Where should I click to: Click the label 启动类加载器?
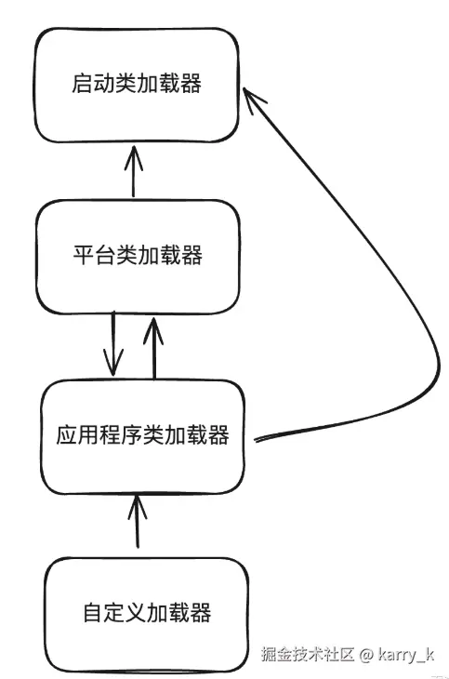pyautogui.click(x=137, y=83)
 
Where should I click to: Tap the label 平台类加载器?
pyautogui.click(x=138, y=255)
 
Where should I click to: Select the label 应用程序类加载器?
pyautogui.click(x=143, y=434)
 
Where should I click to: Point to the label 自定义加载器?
pyautogui.click(x=147, y=612)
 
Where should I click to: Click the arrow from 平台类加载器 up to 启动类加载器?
pyautogui.click(x=134, y=171)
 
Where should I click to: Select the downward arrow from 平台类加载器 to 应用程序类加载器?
pyautogui.click(x=113, y=344)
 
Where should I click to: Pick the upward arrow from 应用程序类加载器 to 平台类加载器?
pyautogui.click(x=153, y=348)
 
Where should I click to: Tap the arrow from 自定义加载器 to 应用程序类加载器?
pyautogui.click(x=138, y=522)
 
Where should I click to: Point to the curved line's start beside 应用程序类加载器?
pyautogui.click(x=256, y=440)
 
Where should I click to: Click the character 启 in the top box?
pyautogui.click(x=82, y=83)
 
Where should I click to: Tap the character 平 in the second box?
pyautogui.click(x=84, y=255)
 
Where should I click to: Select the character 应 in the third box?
pyautogui.click(x=67, y=434)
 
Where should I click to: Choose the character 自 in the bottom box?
pyautogui.click(x=94, y=612)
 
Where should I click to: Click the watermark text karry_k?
pyautogui.click(x=405, y=655)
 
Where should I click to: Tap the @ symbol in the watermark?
pyautogui.click(x=366, y=655)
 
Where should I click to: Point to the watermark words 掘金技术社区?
pyautogui.click(x=308, y=654)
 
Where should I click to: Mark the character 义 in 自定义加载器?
pyautogui.click(x=137, y=612)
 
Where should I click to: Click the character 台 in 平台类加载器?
pyautogui.click(x=105, y=255)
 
